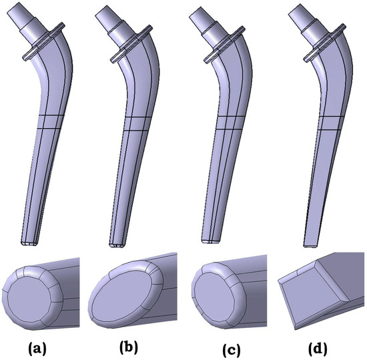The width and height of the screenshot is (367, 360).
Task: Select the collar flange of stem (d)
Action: pyautogui.click(x=325, y=43)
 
